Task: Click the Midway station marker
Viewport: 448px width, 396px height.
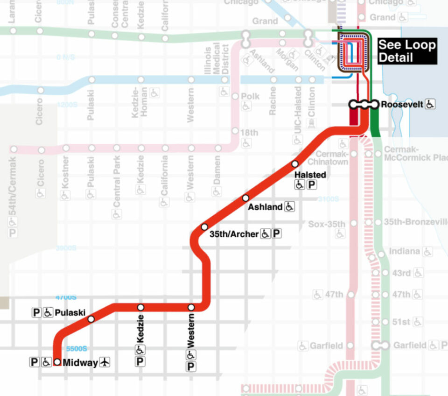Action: coord(57,362)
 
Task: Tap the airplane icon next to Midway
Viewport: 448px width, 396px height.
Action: coord(105,362)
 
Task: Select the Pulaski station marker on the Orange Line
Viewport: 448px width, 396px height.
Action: coord(91,319)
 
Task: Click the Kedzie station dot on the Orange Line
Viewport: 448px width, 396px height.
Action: coord(140,307)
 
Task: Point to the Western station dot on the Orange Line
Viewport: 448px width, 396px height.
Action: coord(191,307)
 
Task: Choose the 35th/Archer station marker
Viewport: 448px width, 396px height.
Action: coord(204,227)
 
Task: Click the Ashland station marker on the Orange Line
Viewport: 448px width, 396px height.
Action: coord(245,198)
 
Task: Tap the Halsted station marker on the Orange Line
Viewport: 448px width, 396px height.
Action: coord(295,164)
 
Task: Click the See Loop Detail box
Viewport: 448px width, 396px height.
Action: coord(406,51)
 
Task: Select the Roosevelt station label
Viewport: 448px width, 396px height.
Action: coord(401,105)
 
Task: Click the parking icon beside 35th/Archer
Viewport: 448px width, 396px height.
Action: coord(277,233)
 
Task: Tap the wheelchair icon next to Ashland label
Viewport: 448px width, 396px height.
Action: coord(290,206)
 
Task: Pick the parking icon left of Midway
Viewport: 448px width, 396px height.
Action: coord(34,362)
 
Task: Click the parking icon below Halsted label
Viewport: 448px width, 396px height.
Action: coord(312,185)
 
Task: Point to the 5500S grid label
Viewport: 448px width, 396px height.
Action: coord(77,348)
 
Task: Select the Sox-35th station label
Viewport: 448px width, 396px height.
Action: coord(327,224)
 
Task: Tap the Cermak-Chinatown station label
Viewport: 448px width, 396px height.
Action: coord(332,158)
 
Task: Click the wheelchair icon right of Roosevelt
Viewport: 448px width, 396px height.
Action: coord(430,105)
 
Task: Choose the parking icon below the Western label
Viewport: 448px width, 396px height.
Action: coord(191,367)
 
